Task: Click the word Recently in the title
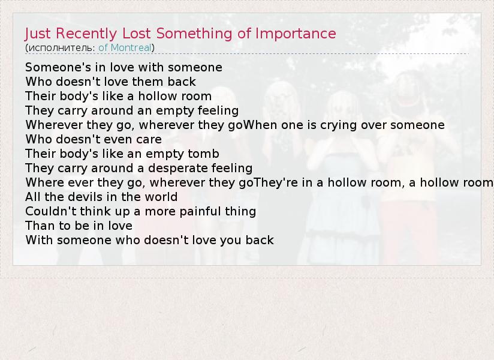[86, 34]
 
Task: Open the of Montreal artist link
[125, 47]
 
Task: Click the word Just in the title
[38, 34]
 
